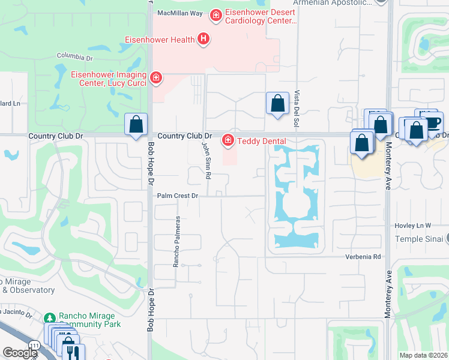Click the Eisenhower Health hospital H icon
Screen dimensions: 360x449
pyautogui.click(x=204, y=40)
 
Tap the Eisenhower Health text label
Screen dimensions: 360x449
pyautogui.click(x=159, y=40)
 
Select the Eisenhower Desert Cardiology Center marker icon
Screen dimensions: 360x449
pyautogui.click(x=215, y=14)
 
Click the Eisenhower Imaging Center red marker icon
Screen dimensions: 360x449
pyautogui.click(x=156, y=77)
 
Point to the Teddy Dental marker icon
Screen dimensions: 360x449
pyautogui.click(x=228, y=141)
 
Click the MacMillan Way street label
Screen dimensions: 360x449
pyautogui.click(x=181, y=13)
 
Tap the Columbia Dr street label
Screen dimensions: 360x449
pyautogui.click(x=75, y=57)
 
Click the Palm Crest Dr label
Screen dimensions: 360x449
pyautogui.click(x=177, y=196)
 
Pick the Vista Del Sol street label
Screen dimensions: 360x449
pyautogui.click(x=297, y=109)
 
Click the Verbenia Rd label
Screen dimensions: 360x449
pyautogui.click(x=363, y=257)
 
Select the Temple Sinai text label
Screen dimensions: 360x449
pyautogui.click(x=418, y=239)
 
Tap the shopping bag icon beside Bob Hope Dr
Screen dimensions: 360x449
pyautogui.click(x=136, y=125)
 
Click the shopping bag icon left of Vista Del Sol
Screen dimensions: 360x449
pyautogui.click(x=277, y=103)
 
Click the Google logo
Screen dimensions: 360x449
pyautogui.click(x=20, y=353)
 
